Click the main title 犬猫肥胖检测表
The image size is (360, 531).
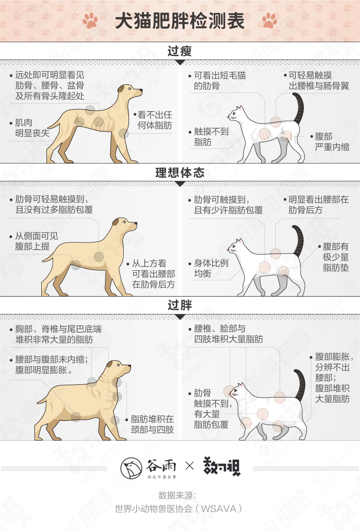[x=180, y=21]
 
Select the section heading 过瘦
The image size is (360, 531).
[x=180, y=51]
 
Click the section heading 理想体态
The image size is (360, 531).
[x=180, y=173]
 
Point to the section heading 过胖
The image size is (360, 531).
[x=180, y=305]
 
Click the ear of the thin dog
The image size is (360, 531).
[x=122, y=89]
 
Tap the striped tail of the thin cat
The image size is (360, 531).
[x=298, y=108]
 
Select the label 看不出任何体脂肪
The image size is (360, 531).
[x=153, y=120]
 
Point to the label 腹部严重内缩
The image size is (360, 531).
[x=330, y=141]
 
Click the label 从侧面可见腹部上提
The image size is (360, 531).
[x=34, y=241]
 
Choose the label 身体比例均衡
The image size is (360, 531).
[x=209, y=268]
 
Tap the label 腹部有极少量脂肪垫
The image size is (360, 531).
[x=334, y=257]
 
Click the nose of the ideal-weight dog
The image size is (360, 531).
[x=136, y=224]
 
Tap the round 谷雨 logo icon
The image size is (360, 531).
[x=131, y=468]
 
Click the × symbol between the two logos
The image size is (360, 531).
[x=190, y=466]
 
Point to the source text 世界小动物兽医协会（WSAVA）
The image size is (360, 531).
[x=179, y=508]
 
